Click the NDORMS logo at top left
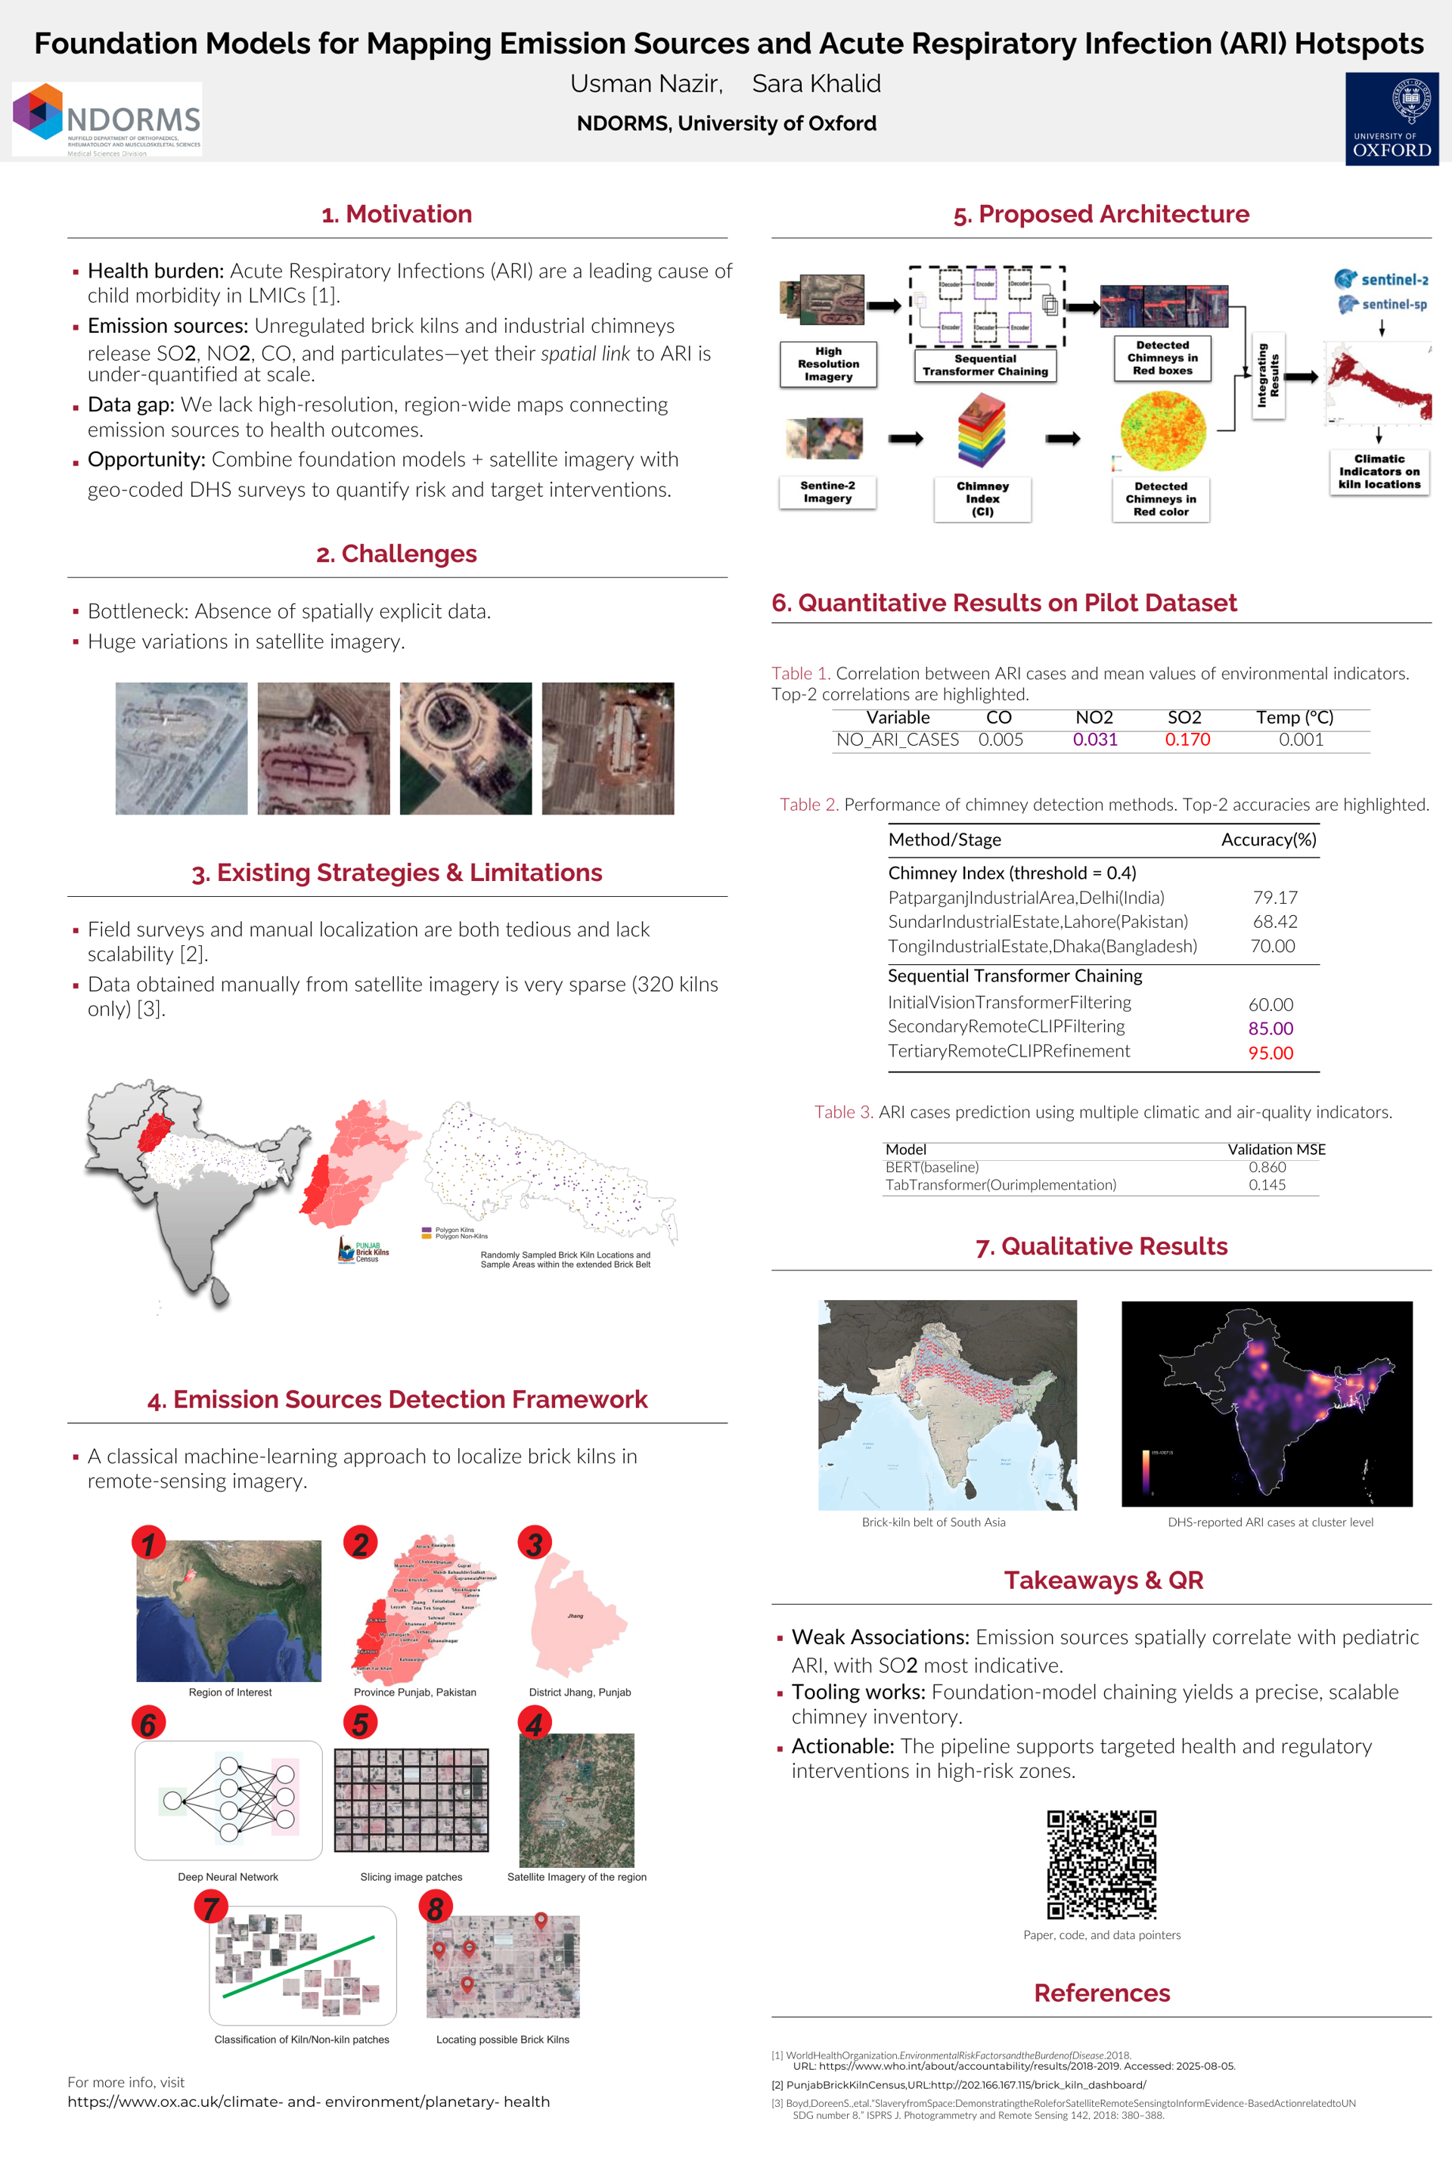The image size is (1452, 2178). (107, 119)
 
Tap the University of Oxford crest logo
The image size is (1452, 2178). (1391, 119)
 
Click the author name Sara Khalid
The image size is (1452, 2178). (816, 84)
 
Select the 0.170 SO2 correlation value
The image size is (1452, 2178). (1187, 740)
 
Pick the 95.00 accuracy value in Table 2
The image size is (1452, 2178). (1270, 1053)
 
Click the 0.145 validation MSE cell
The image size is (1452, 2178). (1267, 1184)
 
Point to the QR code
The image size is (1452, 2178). (1101, 1865)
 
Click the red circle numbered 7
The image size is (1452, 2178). (211, 1907)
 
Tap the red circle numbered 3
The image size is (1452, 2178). (535, 1544)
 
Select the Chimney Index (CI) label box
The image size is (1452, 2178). (982, 499)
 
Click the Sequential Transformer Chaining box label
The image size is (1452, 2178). (985, 365)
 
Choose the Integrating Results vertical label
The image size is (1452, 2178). (1267, 375)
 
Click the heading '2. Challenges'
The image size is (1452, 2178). (396, 554)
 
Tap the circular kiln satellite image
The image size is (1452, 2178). (466, 748)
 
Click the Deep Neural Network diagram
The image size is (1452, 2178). (228, 1799)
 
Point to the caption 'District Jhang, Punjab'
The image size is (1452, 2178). (580, 1692)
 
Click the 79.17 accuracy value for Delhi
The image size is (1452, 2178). (1275, 898)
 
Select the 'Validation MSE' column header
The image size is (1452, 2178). (1276, 1149)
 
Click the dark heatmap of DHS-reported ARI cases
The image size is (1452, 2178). (1267, 1403)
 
